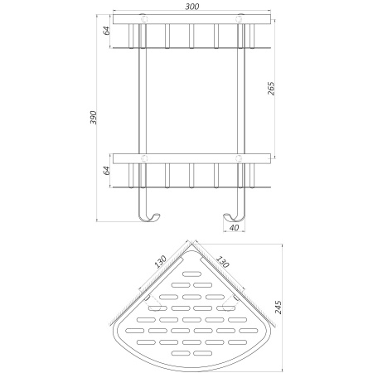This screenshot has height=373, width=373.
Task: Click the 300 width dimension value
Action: click(193, 6)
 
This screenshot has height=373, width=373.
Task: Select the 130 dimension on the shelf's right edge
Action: click(223, 261)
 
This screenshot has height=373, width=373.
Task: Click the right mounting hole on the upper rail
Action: click(241, 19)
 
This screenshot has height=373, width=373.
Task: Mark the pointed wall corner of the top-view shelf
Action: click(192, 244)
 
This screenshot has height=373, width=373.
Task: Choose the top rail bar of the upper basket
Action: click(192, 19)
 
